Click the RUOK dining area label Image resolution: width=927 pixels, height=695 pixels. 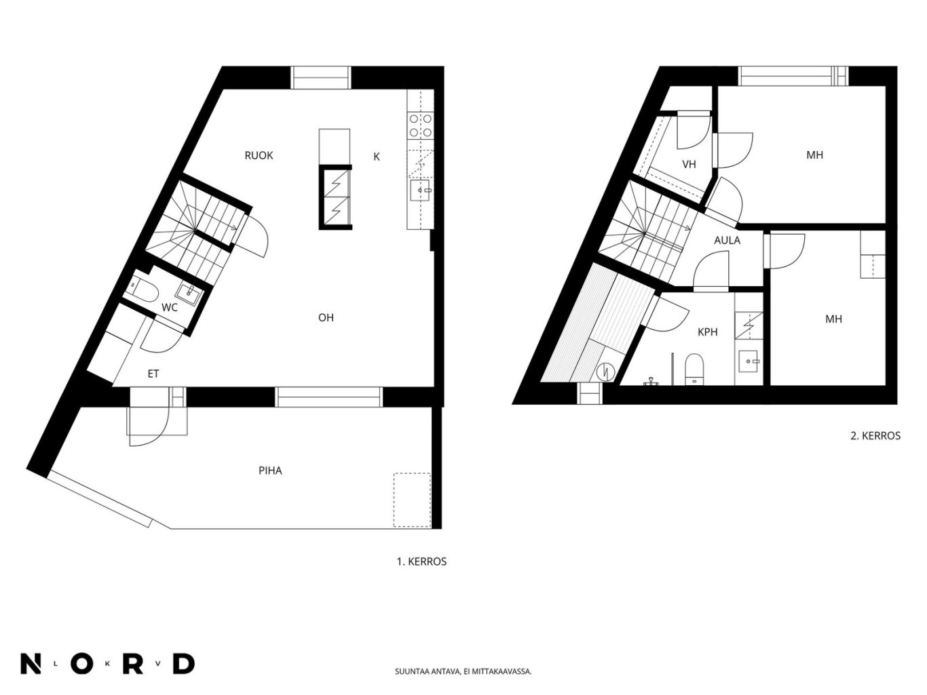pos(259,156)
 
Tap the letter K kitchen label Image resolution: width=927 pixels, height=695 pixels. pos(377,157)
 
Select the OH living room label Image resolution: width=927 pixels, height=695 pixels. pos(326,318)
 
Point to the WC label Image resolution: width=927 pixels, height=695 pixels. pos(170,308)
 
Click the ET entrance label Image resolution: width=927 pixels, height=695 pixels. pos(153,374)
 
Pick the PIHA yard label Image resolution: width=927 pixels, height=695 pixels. pos(270,471)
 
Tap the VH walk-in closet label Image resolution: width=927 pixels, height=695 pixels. pos(689,164)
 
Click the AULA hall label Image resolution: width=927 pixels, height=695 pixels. pos(727,241)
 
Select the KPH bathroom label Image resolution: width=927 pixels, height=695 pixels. pos(708,332)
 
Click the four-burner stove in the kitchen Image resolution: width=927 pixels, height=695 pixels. pos(421,125)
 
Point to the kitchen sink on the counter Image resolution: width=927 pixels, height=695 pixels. pos(420,190)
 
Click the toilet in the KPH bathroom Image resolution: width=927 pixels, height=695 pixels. pos(694,370)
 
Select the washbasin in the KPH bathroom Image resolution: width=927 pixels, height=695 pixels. pos(749,361)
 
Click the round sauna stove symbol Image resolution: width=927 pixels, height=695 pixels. pos(606,372)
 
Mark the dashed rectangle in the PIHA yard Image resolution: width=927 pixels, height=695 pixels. pos(412,500)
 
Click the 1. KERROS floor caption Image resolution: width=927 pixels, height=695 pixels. pos(421,562)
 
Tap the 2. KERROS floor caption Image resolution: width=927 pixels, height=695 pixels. pos(875,436)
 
